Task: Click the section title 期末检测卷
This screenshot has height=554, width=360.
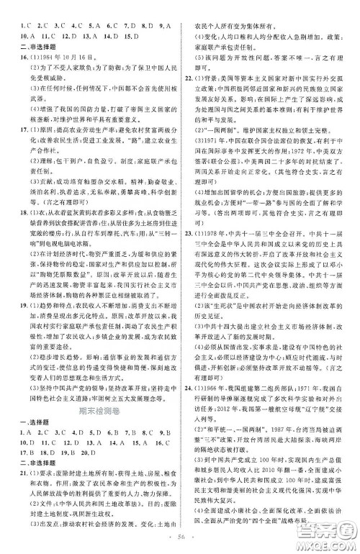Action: [x=94, y=413]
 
